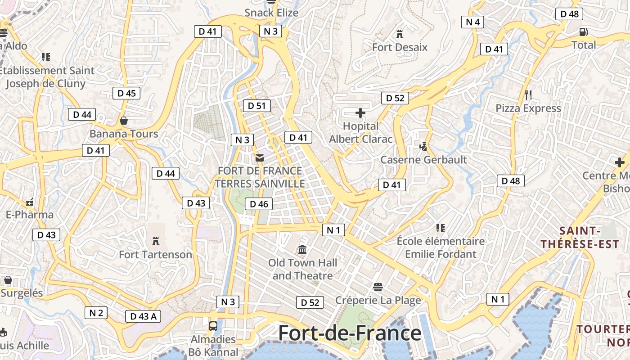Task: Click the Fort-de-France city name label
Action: (350, 333)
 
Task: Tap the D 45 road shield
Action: (126, 93)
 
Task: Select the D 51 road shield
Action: (257, 106)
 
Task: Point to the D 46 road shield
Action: (259, 204)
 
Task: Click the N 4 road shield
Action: (472, 22)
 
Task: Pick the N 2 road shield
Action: (96, 313)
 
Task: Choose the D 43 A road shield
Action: (143, 316)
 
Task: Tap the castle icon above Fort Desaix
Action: (399, 34)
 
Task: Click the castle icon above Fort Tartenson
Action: (156, 241)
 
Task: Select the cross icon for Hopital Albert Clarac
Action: (360, 113)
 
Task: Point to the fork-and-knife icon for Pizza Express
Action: (528, 95)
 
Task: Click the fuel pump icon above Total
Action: (584, 32)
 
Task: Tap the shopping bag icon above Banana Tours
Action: (124, 121)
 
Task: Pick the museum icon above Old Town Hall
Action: (302, 249)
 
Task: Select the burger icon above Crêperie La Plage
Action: (378, 287)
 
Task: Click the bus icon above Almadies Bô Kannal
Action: (213, 326)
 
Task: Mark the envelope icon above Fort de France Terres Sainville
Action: (259, 158)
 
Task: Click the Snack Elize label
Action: (271, 13)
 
